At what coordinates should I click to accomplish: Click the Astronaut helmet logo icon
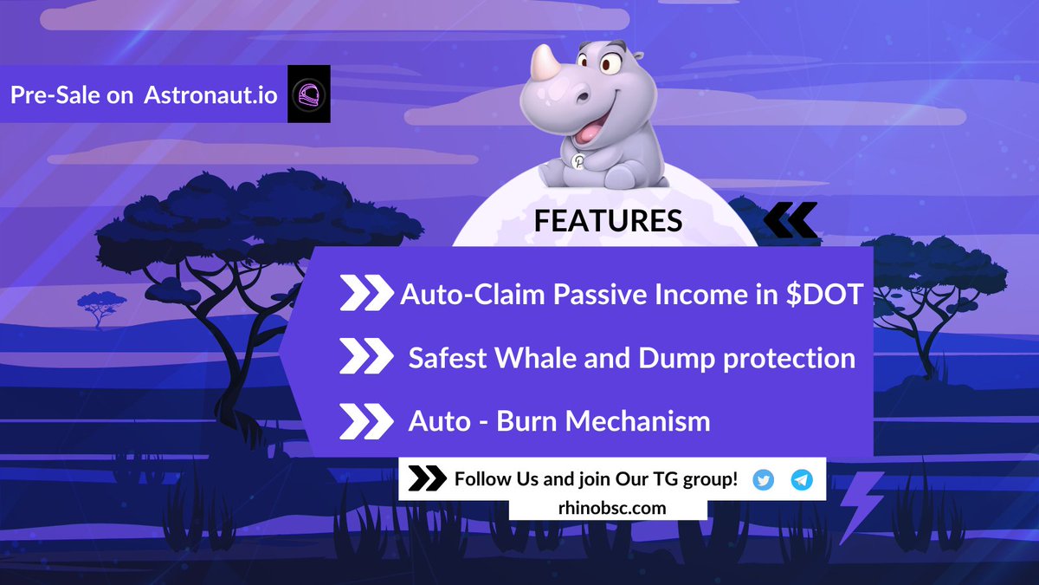(308, 96)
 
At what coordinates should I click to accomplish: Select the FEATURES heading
(608, 221)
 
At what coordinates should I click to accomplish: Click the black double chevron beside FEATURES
(790, 221)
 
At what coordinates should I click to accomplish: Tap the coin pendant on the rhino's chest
(578, 160)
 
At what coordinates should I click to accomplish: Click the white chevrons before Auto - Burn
(365, 421)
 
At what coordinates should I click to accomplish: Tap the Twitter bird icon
(763, 480)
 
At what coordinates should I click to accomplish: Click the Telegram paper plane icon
(802, 480)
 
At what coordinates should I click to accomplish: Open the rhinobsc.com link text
(608, 508)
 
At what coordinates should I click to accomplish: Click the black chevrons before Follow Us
(426, 479)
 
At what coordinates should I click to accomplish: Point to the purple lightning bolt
(861, 506)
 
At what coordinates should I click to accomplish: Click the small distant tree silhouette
(102, 304)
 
